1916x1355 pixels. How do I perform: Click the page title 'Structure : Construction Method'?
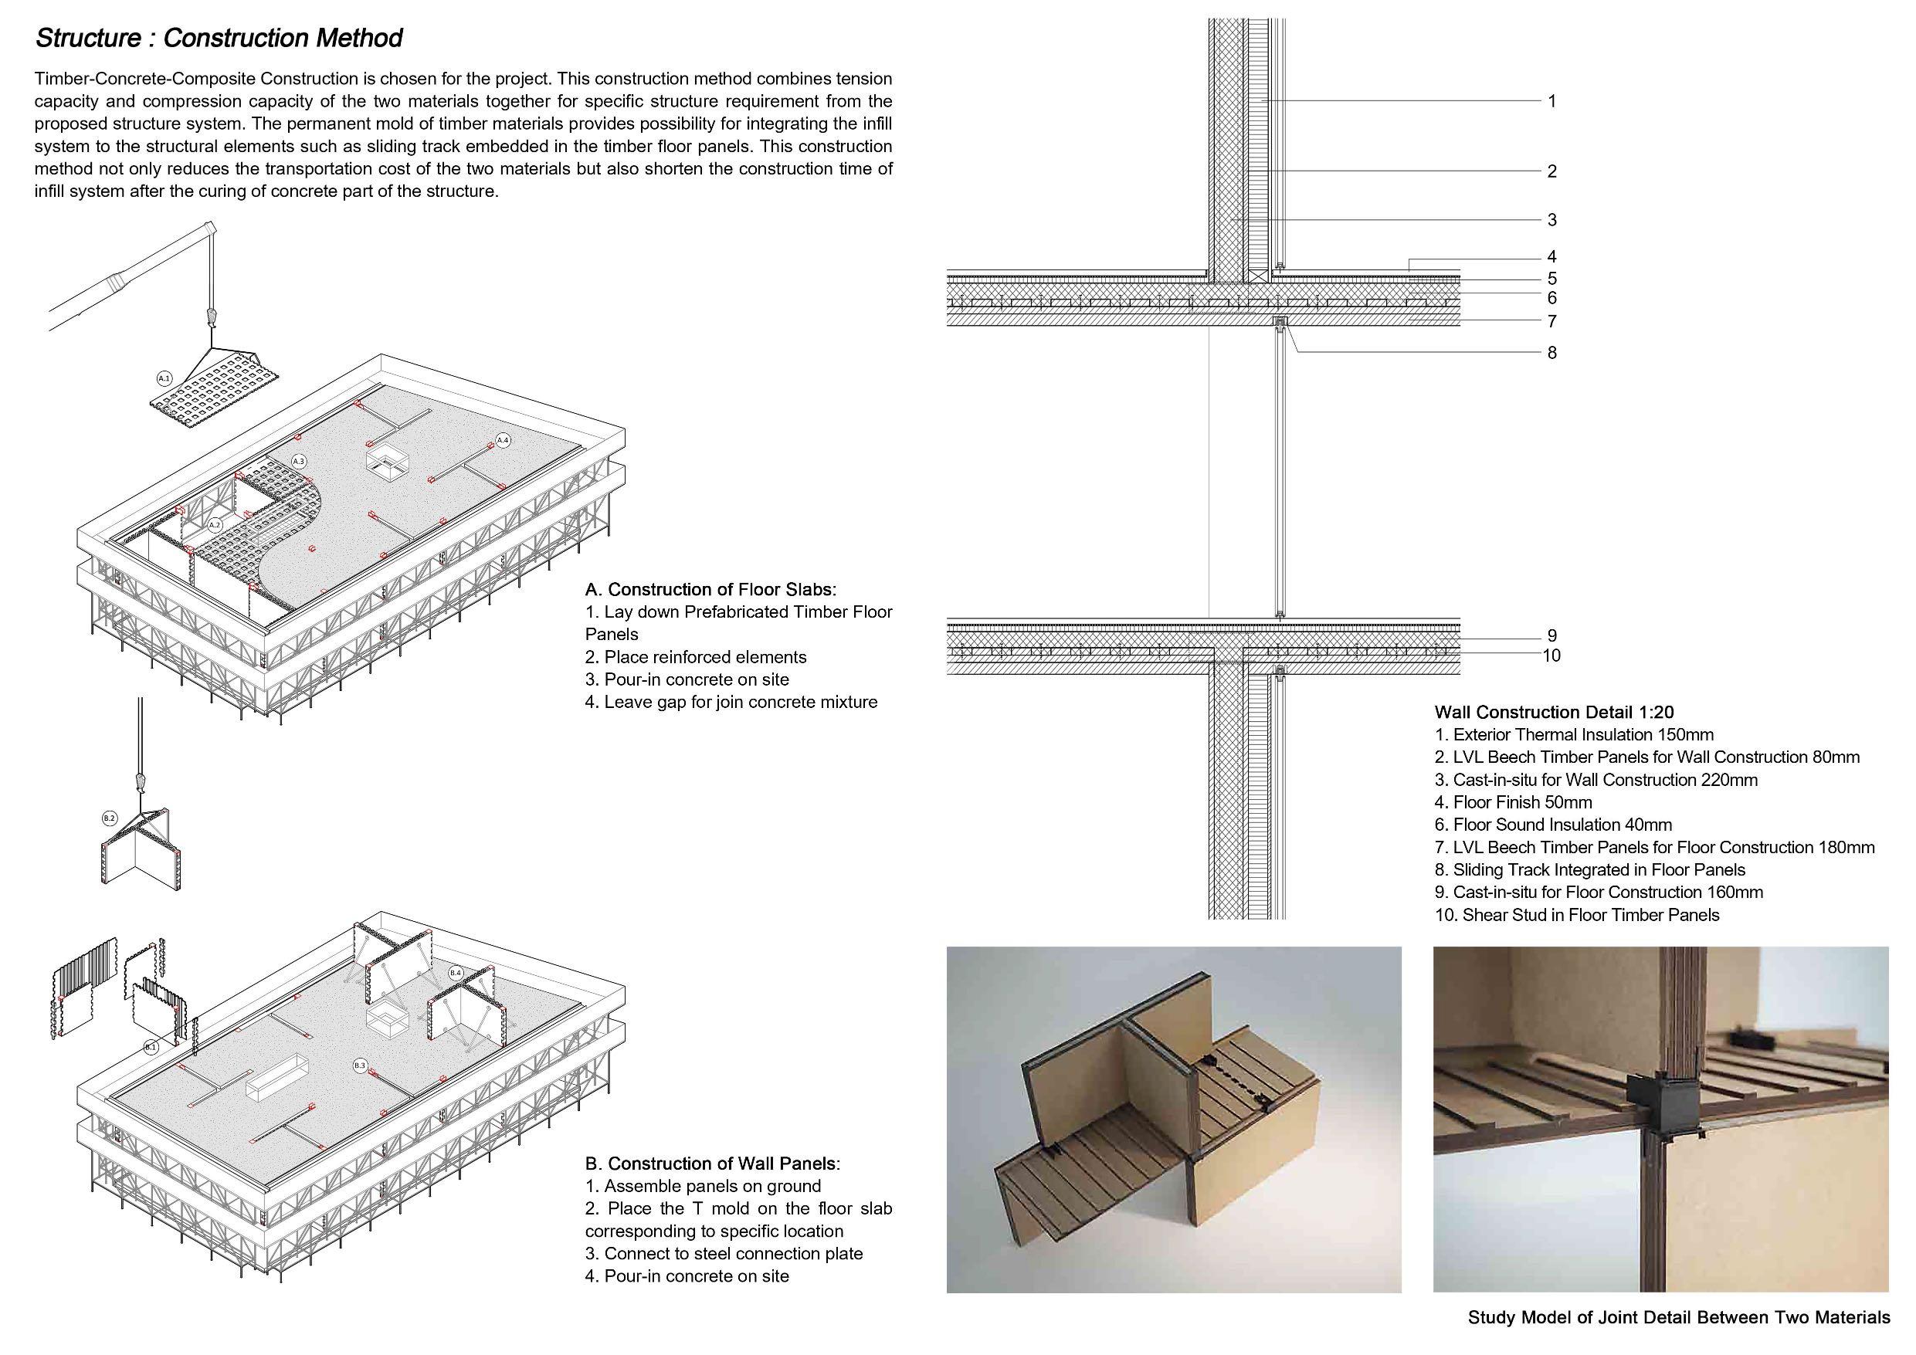coord(219,39)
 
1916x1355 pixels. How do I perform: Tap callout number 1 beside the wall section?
coord(1551,102)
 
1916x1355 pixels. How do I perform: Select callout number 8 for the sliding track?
coord(1551,353)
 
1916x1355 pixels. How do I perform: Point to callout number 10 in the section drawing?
coord(1551,655)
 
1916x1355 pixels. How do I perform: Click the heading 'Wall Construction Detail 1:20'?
coord(1554,713)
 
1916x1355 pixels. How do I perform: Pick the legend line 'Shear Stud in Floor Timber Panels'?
coord(1576,915)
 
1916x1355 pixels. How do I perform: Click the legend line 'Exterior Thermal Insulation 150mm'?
coord(1574,735)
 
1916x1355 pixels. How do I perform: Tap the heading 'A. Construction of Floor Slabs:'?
coord(710,590)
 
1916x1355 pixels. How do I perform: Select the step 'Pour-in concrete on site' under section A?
coord(687,680)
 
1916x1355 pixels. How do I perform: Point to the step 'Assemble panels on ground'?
coord(703,1187)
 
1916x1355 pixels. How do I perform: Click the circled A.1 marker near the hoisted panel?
coord(164,378)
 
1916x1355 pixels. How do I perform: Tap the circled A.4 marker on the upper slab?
coord(503,440)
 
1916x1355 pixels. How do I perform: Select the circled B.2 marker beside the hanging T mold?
coord(110,818)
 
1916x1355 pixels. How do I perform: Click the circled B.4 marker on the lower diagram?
coord(456,973)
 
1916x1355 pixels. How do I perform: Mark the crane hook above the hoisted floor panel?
coord(210,317)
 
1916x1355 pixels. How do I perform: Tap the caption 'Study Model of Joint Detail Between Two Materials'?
coord(1678,1318)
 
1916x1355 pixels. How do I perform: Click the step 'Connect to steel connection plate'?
coord(724,1254)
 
